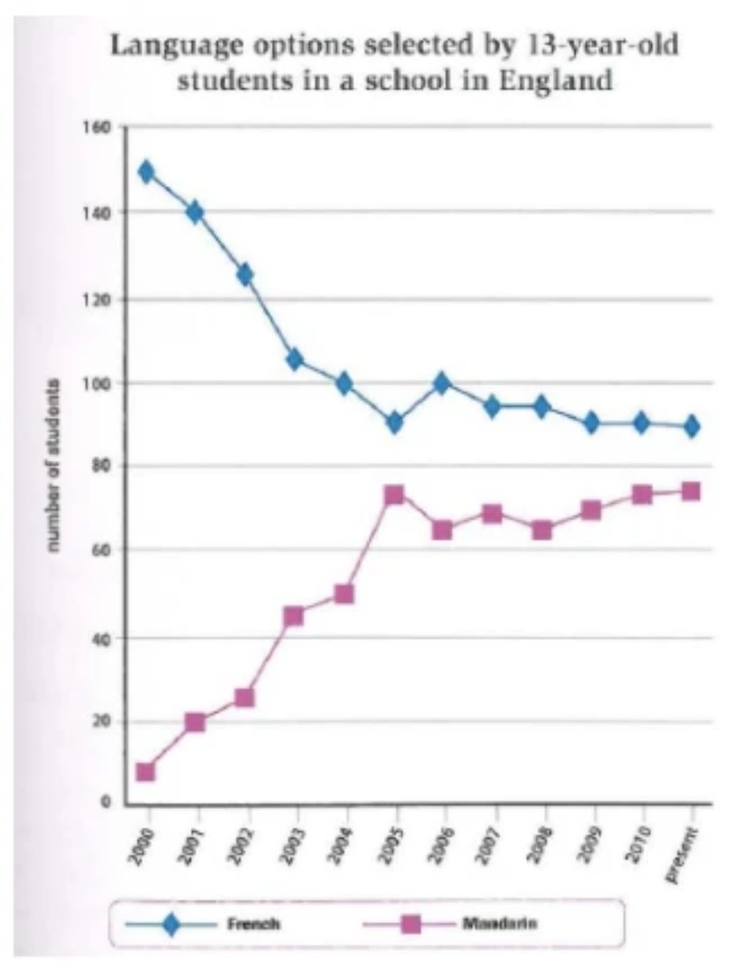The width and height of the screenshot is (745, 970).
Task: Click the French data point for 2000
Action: pos(145,172)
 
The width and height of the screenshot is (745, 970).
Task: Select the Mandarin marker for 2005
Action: pos(394,494)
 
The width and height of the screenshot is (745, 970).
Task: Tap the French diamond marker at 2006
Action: pos(442,383)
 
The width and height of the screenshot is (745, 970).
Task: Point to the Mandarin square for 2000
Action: pos(145,772)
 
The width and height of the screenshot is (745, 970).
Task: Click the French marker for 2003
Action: pos(294,359)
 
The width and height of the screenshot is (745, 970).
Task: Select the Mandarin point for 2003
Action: pos(294,615)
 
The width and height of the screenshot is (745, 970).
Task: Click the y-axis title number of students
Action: pos(58,465)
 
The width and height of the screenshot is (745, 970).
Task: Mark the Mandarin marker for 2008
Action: pos(542,531)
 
